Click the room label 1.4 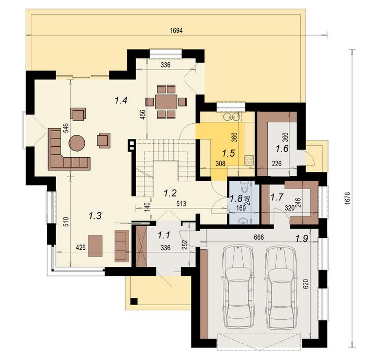pyautogui.click(x=121, y=100)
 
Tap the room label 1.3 pyautogui.click(x=95, y=216)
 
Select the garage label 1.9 pyautogui.click(x=302, y=238)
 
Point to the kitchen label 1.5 pyautogui.click(x=229, y=153)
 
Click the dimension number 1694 pyautogui.click(x=176, y=31)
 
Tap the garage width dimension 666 pyautogui.click(x=259, y=237)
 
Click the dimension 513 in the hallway pyautogui.click(x=181, y=204)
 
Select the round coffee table pyautogui.click(x=77, y=143)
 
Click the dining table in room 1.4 pyautogui.click(x=166, y=102)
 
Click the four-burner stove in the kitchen pyautogui.click(x=250, y=160)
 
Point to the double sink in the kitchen pyautogui.click(x=231, y=117)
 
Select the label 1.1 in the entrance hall pyautogui.click(x=164, y=235)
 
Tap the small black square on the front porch pyautogui.click(x=134, y=301)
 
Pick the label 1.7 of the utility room pyautogui.click(x=277, y=197)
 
